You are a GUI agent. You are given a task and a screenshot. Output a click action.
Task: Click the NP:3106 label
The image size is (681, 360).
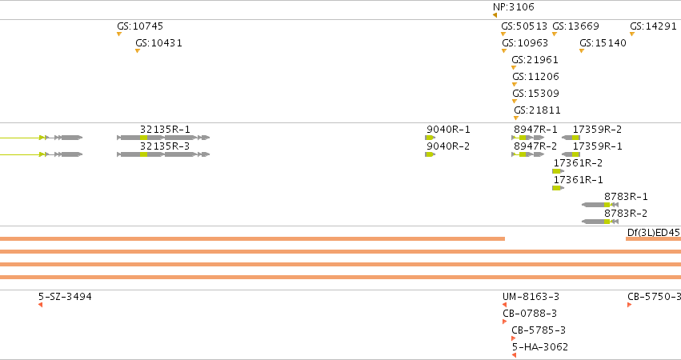pyautogui.click(x=514, y=7)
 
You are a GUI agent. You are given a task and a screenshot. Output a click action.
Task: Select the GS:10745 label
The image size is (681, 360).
pyautogui.click(x=140, y=26)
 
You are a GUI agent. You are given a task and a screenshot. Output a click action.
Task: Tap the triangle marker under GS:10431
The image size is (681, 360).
pyautogui.click(x=138, y=51)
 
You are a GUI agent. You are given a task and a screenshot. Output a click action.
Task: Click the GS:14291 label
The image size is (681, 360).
pyautogui.click(x=653, y=26)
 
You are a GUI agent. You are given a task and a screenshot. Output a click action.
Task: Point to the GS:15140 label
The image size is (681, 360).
pyautogui.click(x=603, y=43)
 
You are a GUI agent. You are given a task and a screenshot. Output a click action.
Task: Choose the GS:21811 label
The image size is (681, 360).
pyautogui.click(x=537, y=110)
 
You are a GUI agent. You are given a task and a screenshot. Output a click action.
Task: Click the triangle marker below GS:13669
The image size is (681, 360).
pyautogui.click(x=555, y=34)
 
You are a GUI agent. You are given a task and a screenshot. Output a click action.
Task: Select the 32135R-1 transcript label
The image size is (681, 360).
pyautogui.click(x=165, y=130)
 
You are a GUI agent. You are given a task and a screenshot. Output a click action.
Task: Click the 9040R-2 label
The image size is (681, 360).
pyautogui.click(x=448, y=146)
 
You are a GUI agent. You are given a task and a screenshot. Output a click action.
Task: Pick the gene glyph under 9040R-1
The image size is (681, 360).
pyautogui.click(x=430, y=138)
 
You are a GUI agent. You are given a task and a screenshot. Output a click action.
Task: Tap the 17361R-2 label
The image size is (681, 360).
pyautogui.click(x=578, y=163)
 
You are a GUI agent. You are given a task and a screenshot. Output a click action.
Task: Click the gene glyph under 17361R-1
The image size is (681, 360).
pyautogui.click(x=558, y=188)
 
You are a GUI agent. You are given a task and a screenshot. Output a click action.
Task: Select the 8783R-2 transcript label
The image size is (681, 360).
pyautogui.click(x=626, y=214)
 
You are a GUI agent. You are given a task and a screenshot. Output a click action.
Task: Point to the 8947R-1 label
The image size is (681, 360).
pyautogui.click(x=535, y=130)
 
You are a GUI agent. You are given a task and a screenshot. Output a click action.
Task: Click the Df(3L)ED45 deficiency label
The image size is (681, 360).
pyautogui.click(x=654, y=232)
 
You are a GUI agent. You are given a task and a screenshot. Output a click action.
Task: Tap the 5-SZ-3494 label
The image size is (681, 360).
pyautogui.click(x=65, y=297)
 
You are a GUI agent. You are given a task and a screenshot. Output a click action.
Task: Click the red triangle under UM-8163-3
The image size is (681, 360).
pyautogui.click(x=505, y=305)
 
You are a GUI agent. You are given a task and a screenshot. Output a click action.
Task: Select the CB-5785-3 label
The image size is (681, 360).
pyautogui.click(x=539, y=330)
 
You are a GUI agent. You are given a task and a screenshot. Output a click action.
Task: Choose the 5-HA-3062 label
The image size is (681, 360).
pyautogui.click(x=540, y=347)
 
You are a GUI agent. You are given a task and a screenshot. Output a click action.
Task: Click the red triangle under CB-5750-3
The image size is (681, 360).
pyautogui.click(x=629, y=305)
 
